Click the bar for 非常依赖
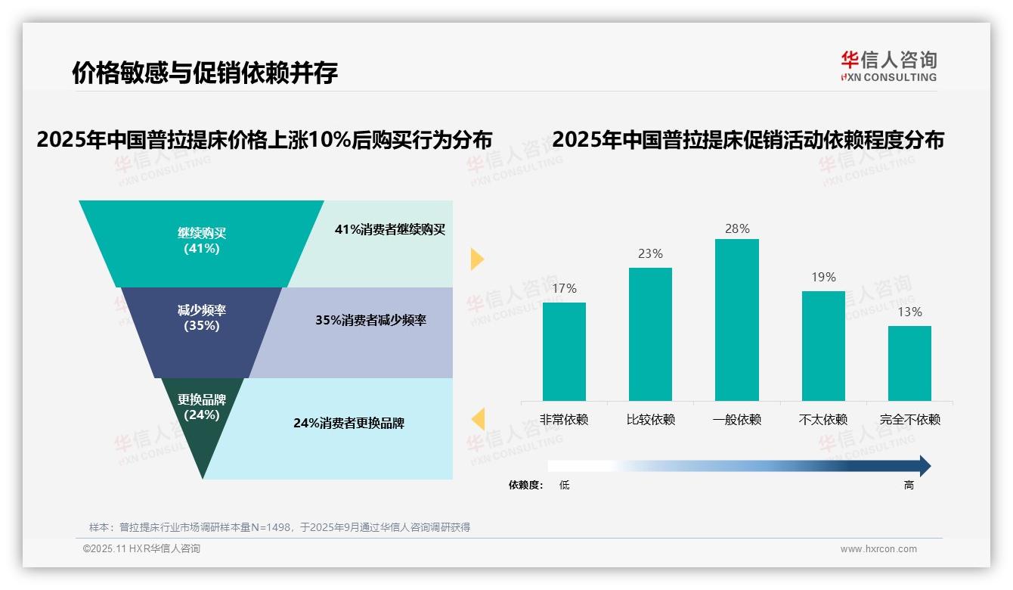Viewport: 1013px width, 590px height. [x=564, y=352]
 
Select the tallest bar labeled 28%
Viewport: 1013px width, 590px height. [x=736, y=320]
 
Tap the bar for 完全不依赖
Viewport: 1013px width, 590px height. [x=909, y=363]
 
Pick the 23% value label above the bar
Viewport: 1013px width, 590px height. [x=650, y=254]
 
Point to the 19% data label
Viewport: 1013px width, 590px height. [x=823, y=278]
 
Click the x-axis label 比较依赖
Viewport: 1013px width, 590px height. [x=650, y=420]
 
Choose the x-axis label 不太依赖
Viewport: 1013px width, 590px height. [x=823, y=420]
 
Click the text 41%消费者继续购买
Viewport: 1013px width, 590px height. [x=390, y=230]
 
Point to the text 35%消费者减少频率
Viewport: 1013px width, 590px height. [x=370, y=321]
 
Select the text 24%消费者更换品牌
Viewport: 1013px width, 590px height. [x=349, y=424]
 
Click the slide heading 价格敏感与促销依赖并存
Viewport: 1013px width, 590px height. [x=205, y=73]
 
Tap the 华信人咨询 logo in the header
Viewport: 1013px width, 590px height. [x=888, y=66]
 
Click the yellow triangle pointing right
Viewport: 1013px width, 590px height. [x=477, y=259]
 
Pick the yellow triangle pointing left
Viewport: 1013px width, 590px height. [x=478, y=419]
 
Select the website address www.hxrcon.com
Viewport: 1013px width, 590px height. [x=878, y=549]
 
